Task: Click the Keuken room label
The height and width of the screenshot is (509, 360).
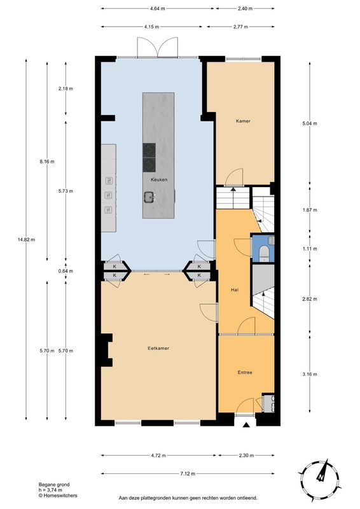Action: pos(159,179)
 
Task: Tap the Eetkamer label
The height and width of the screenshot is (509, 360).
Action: pos(158,348)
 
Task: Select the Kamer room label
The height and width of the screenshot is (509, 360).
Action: pos(243,121)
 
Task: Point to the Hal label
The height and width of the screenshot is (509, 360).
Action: pos(234,289)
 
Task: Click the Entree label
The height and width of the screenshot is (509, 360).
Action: pos(245,372)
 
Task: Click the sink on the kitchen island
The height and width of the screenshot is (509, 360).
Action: pos(149,197)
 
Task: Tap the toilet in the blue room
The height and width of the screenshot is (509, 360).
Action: pos(264,253)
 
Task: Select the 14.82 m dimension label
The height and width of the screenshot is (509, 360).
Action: pos(26,240)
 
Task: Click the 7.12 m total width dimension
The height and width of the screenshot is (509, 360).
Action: pos(188,473)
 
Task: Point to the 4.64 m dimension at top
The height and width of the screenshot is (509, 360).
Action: pos(158,9)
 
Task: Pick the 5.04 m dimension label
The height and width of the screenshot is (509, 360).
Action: pos(309,123)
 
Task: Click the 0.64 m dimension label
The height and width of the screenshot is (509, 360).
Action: pos(66,271)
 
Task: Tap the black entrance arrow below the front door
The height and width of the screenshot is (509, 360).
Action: pos(246,424)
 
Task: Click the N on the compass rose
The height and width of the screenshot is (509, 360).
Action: pos(321,477)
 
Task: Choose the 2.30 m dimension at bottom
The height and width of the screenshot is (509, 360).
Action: pos(246,456)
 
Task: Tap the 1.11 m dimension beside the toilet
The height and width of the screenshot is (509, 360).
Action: pos(309,249)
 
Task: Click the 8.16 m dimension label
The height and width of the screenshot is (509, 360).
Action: pos(46,162)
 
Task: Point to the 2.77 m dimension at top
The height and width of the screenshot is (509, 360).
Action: pos(240,27)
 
